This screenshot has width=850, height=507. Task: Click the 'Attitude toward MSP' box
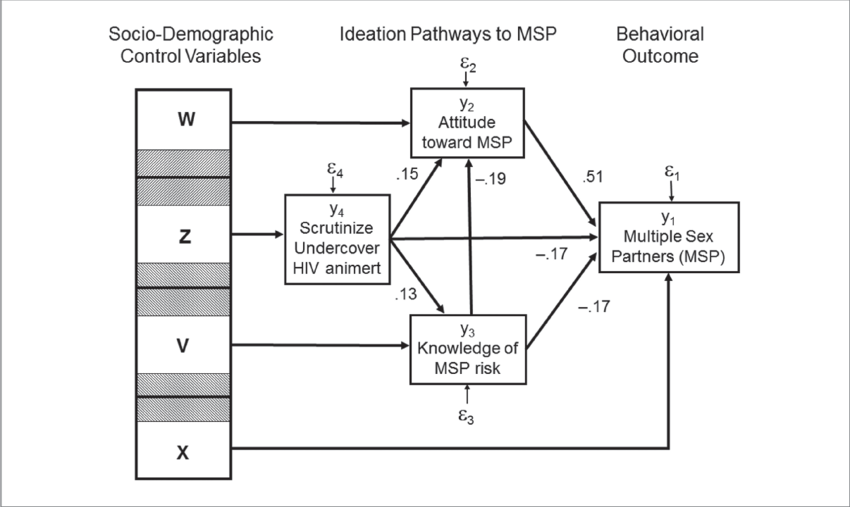point(467,123)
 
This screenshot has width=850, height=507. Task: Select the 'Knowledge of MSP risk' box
point(467,348)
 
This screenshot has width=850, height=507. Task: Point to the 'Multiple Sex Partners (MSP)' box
point(668,236)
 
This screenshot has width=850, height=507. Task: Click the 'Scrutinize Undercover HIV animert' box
point(336,236)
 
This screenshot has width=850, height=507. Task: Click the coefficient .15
point(407,172)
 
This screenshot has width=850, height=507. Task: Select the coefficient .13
point(406,293)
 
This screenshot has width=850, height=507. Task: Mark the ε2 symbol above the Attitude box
point(467,66)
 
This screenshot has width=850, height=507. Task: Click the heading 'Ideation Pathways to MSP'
point(447,34)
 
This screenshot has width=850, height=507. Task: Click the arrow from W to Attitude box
point(320,123)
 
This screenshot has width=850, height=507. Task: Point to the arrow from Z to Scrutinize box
point(257,236)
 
